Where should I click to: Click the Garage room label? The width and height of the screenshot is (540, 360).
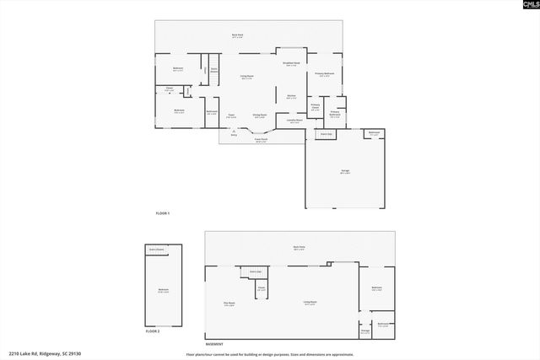pyautogui.click(x=345, y=171)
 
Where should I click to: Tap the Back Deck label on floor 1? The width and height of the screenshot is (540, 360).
pyautogui.click(x=238, y=35)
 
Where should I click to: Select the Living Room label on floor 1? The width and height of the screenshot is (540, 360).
pyautogui.click(x=247, y=77)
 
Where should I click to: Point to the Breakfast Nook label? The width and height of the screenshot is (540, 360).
pyautogui.click(x=291, y=63)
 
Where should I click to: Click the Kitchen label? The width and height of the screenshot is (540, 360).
pyautogui.click(x=291, y=96)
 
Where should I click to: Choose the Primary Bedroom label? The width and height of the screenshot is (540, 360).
pyautogui.click(x=325, y=74)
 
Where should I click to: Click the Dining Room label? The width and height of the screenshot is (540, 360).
pyautogui.click(x=261, y=116)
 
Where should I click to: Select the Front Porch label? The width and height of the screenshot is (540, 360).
pyautogui.click(x=262, y=140)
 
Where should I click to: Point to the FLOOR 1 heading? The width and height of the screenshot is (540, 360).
pyautogui.click(x=164, y=213)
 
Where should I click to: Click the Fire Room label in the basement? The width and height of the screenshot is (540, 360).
pyautogui.click(x=229, y=304)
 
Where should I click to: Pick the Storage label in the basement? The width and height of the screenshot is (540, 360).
pyautogui.click(x=365, y=330)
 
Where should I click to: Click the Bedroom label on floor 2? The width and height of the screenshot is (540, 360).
pyautogui.click(x=163, y=290)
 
